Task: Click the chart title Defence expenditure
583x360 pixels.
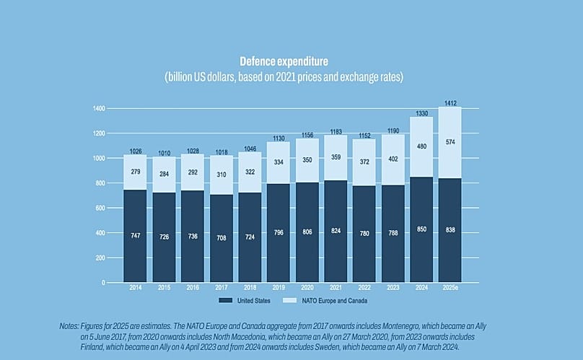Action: (x=291, y=61)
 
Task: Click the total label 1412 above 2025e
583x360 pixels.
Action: (x=450, y=102)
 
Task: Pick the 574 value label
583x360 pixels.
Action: (x=450, y=142)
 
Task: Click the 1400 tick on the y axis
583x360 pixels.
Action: (x=99, y=108)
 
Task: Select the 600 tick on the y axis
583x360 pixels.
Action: (x=101, y=208)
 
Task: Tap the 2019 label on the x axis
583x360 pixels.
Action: (x=279, y=287)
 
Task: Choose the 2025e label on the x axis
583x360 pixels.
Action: (x=450, y=287)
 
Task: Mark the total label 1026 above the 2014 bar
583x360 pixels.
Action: (x=135, y=151)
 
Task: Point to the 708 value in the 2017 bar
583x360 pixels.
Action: (x=221, y=237)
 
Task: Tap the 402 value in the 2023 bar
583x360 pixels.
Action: (x=393, y=159)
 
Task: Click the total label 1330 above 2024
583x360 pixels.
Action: (x=422, y=113)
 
